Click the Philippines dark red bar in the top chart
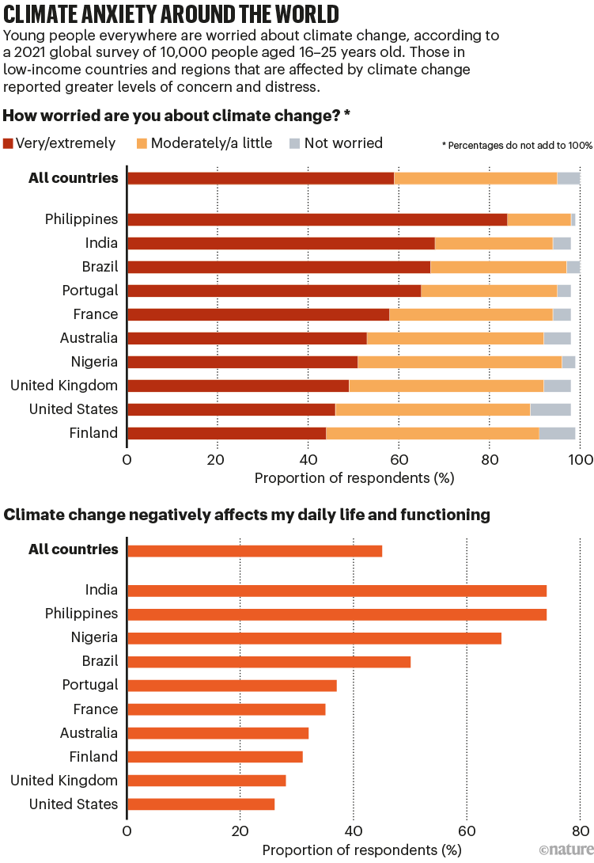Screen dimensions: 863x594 316,219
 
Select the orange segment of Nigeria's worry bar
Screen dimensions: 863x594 460,362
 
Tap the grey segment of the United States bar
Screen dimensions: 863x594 550,409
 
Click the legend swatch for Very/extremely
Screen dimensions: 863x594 9,144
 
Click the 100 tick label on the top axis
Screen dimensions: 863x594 580,459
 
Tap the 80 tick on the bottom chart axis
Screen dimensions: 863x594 581,831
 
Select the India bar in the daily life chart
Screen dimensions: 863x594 336,590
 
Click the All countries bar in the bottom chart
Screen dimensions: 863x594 254,550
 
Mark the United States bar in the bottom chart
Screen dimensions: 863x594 200,804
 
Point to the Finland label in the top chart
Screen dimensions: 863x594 93,433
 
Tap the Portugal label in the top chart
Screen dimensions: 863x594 90,291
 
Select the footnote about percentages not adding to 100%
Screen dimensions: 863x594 516,146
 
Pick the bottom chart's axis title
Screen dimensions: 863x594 361,850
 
